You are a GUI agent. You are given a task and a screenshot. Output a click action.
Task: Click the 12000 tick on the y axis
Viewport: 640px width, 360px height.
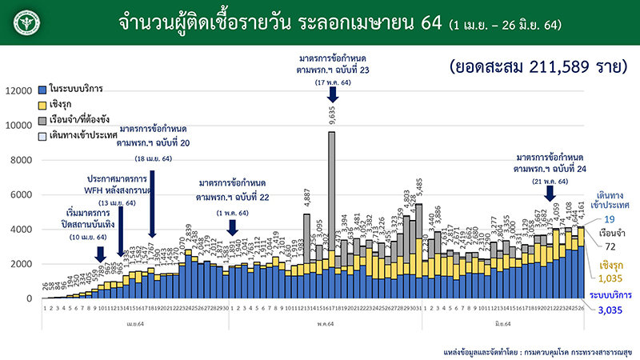[19, 91]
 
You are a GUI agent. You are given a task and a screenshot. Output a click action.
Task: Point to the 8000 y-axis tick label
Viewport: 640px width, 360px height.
[22, 160]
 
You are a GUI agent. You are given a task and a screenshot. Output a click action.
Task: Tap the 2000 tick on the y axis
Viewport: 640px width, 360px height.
[22, 264]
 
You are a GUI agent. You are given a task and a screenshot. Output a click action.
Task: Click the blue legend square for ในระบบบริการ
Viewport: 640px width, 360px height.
[43, 86]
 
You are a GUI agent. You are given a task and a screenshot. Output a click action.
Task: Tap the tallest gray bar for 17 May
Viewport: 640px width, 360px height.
[331, 184]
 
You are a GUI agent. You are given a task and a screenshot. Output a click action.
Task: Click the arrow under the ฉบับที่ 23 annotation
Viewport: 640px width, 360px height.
[331, 94]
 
